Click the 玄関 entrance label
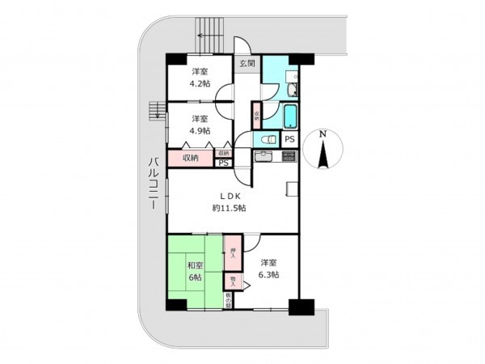(247, 63)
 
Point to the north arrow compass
(323, 150)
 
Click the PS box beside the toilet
(289, 138)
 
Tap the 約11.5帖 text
(230, 208)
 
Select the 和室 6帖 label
(195, 270)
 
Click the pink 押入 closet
(232, 252)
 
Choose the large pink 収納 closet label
(191, 158)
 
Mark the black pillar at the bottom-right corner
(300, 308)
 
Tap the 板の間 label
(230, 301)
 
